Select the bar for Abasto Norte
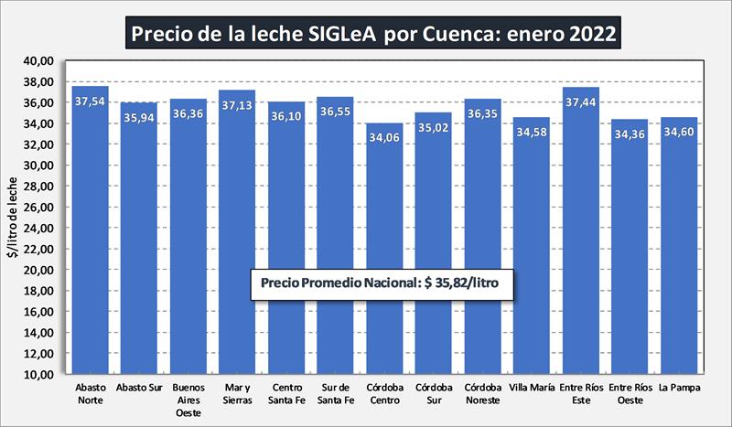click(x=90, y=229)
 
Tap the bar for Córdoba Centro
click(x=384, y=247)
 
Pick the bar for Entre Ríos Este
click(x=580, y=229)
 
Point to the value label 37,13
click(x=237, y=105)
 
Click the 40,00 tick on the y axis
click(x=42, y=61)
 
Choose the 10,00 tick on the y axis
click(x=42, y=374)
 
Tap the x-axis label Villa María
click(x=531, y=388)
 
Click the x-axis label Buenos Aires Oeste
click(x=188, y=400)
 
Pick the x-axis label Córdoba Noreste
click(x=482, y=394)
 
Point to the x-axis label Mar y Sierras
click(x=237, y=394)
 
